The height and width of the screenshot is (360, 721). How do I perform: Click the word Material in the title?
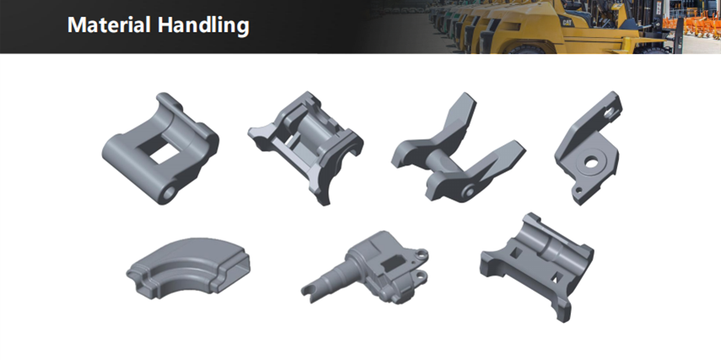(109, 24)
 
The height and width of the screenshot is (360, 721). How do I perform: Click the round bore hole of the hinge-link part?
(169, 192)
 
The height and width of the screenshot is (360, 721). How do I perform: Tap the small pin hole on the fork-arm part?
(469, 191)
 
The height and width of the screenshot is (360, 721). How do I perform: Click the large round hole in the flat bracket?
(592, 162)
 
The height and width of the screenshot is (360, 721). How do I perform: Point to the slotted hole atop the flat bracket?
(609, 111)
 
